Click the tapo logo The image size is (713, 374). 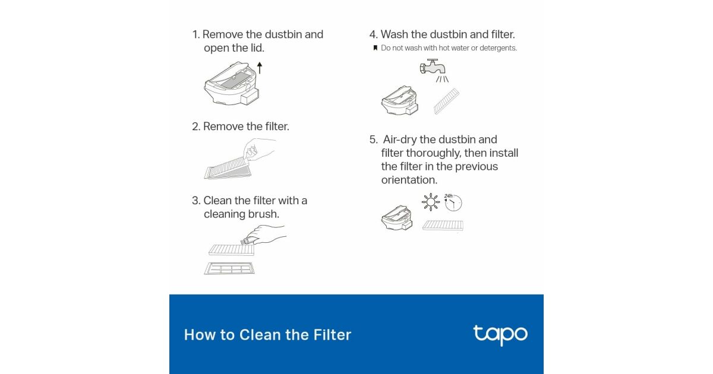click(500, 335)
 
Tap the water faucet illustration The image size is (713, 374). click(433, 66)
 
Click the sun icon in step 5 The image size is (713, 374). click(431, 202)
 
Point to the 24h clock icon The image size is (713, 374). click(453, 202)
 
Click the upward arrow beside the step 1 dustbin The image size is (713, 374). click(260, 68)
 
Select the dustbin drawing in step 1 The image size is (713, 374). click(232, 83)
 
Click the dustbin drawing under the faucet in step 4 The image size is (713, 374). click(400, 100)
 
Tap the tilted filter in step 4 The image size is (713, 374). click(446, 101)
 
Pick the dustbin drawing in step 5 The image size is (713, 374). click(397, 217)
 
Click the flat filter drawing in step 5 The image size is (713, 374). click(443, 225)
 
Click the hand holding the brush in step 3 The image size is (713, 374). click(264, 234)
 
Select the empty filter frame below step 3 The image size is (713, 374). click(229, 268)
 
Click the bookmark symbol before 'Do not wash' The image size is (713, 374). click(376, 48)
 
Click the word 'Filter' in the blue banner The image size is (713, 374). click(332, 335)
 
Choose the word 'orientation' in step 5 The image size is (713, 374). click(409, 180)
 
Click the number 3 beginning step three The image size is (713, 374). click(194, 201)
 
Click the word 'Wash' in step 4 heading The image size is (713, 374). click(395, 34)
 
